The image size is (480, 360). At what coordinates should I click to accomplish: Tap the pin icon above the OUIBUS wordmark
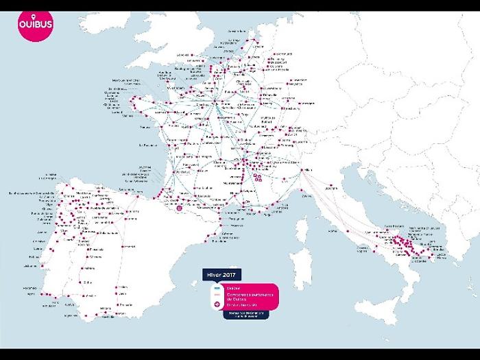[x=34, y=20]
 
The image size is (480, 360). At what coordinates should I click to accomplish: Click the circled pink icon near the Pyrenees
[x=180, y=206]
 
